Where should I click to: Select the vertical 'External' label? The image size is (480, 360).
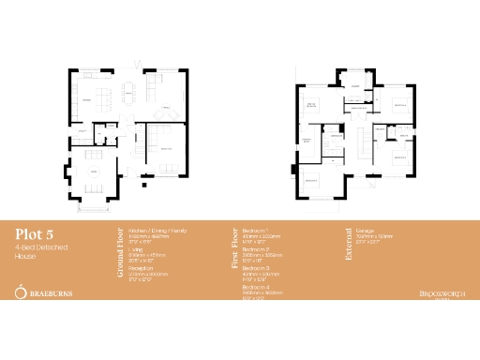coord(348,242)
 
